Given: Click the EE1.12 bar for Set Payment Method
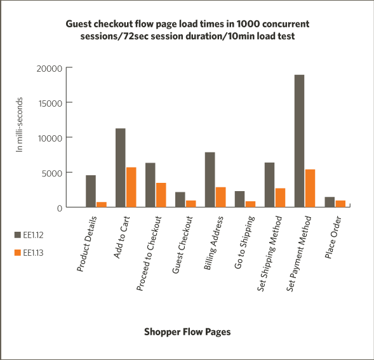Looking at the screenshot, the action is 299,141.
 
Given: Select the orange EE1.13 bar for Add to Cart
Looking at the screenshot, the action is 131,187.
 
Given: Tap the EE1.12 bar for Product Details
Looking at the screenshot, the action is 91,191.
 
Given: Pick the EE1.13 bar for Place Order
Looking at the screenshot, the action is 340,204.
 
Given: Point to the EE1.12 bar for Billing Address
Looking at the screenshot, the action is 210,180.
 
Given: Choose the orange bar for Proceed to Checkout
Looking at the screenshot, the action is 161,195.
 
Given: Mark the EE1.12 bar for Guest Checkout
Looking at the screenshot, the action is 180,199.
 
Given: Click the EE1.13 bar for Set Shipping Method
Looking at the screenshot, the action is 280,197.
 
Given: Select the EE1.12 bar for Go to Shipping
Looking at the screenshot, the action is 240,199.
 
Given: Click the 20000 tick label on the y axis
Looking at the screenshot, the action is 50,69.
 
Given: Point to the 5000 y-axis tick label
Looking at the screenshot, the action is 52,173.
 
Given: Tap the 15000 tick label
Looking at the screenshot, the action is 50,103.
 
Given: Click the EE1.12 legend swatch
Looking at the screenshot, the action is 18,235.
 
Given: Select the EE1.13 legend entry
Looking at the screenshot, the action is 29,253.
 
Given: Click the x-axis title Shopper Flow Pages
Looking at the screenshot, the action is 187,332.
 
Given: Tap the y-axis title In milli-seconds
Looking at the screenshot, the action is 19,124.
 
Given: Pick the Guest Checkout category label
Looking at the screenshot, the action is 182,245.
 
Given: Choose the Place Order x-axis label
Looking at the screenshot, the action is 333,237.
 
